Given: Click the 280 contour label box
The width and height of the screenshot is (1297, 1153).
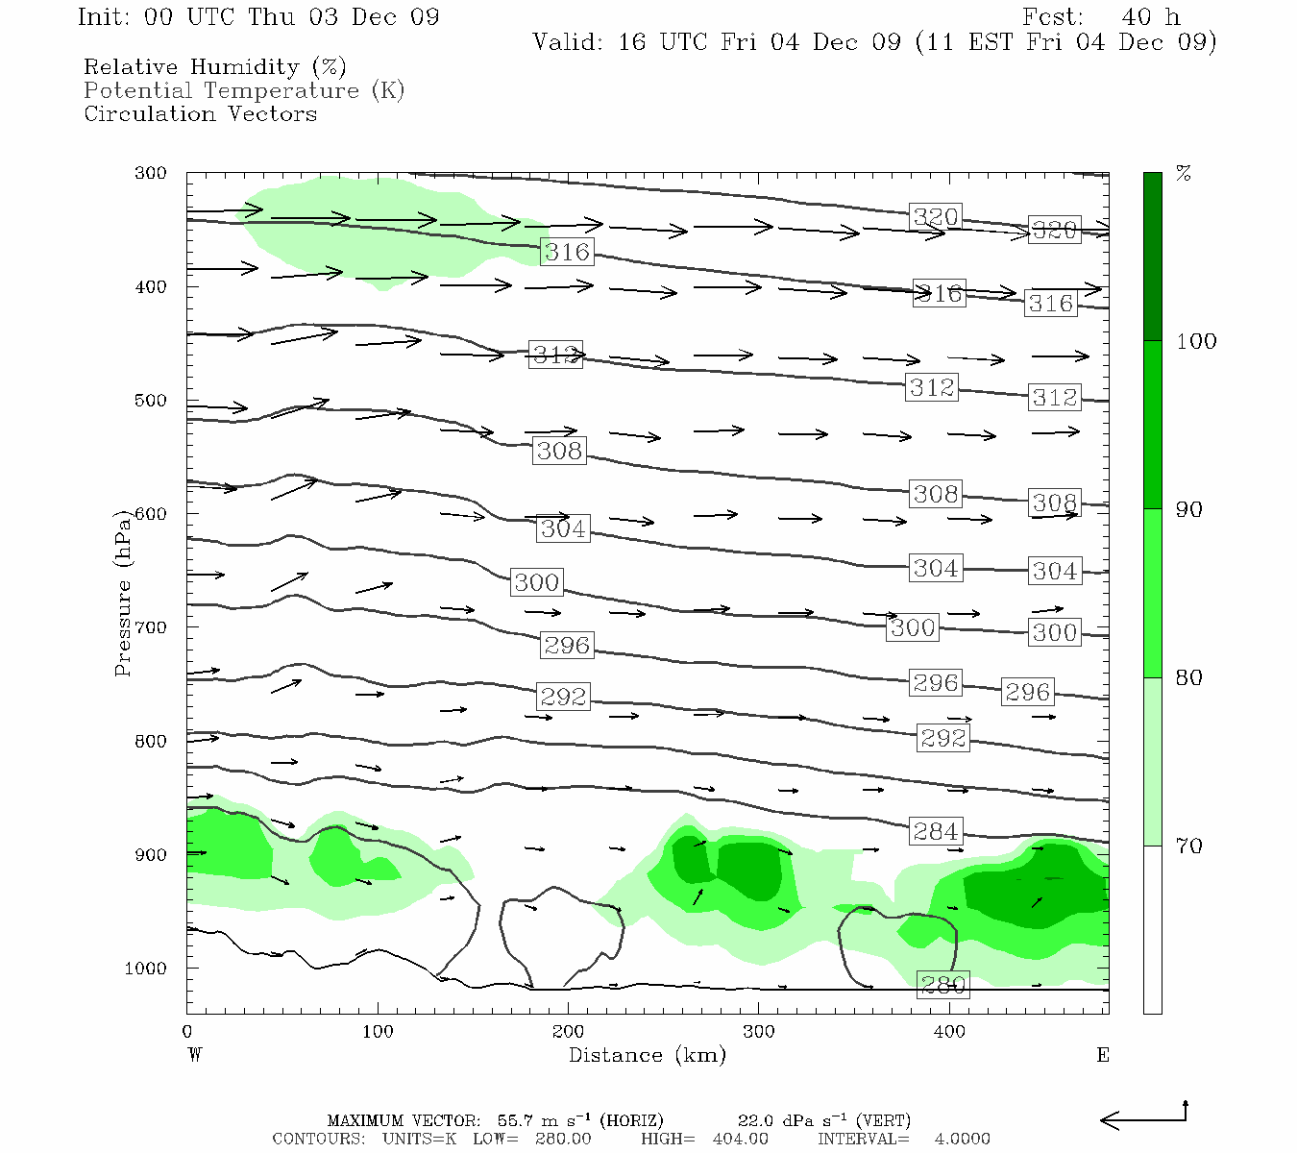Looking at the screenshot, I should pos(942,984).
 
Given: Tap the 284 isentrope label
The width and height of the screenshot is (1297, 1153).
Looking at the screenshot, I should pos(935,831).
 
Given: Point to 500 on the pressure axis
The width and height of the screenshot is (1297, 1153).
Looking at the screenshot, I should pos(151,401).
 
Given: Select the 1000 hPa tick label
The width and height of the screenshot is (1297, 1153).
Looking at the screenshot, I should pos(146,969).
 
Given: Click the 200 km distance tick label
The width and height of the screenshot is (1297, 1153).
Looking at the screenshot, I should pos(568,1032).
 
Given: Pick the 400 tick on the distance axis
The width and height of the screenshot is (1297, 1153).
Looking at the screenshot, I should pos(949,1032).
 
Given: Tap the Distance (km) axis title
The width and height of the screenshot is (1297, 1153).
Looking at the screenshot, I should pos(647,1055).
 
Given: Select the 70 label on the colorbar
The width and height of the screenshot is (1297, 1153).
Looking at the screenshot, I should pos(1188,846).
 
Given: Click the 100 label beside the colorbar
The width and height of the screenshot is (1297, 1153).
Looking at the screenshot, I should pos(1196,342).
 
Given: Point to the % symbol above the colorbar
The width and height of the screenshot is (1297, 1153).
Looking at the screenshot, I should pos(1184,174).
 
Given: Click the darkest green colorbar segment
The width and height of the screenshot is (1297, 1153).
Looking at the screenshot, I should pos(1152,257).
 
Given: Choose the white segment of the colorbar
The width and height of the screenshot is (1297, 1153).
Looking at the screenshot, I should pos(1152,929).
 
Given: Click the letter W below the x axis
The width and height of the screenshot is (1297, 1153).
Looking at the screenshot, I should pos(195,1055).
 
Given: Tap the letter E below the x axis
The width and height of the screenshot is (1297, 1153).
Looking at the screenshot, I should pos(1102,1055).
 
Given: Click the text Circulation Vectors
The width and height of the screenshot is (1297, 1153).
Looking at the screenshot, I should pos(200,113).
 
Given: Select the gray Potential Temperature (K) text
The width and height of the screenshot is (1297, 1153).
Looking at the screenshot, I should pos(244,90).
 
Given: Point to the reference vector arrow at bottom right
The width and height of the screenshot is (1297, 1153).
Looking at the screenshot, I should pos(1143,1117).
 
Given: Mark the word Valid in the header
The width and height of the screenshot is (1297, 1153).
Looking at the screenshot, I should pos(568,42).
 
